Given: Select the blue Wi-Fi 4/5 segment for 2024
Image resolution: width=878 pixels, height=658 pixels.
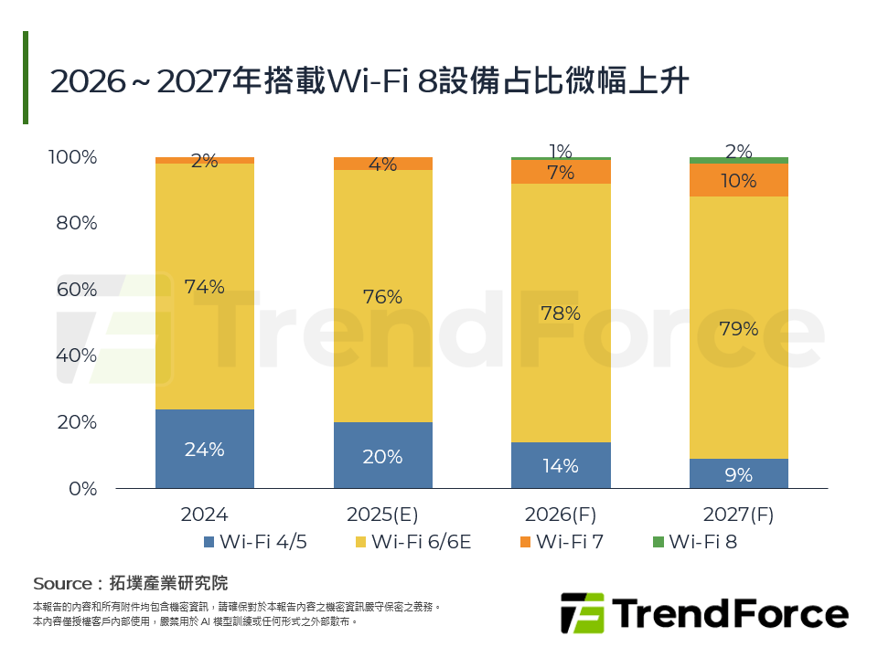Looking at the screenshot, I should point(205,449).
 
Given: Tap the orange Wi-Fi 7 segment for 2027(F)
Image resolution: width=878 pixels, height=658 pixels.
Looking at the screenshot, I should point(738,181).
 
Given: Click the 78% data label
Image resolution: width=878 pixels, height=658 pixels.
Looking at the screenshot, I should point(560,313).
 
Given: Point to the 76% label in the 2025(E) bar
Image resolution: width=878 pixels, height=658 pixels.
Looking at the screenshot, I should point(382,297).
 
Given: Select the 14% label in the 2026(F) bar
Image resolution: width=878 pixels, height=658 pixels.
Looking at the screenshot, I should point(560,465).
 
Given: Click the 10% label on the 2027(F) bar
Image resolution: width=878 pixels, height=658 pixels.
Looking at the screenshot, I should point(738,181).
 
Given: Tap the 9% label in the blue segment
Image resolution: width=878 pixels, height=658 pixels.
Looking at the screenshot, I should point(738,474).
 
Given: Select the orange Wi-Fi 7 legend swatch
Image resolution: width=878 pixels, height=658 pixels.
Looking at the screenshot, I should point(524,542).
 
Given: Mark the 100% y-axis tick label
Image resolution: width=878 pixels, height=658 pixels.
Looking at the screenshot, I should point(72,157).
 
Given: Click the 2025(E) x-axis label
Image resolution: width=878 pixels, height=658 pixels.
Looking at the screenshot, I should point(382,514).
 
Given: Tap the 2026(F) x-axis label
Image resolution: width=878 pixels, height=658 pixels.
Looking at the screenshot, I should point(560,514).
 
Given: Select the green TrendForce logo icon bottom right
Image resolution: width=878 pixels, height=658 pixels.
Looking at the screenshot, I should point(582,612).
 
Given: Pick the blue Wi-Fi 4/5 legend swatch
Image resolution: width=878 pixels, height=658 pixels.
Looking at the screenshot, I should point(209,542).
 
